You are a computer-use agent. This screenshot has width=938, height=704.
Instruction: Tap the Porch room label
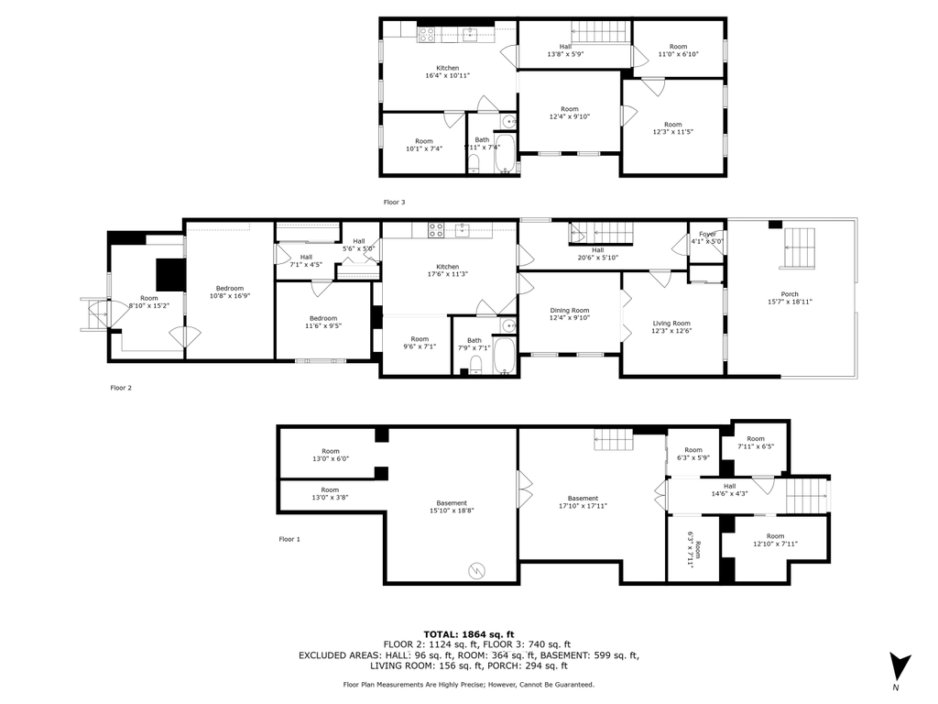click(x=790, y=298)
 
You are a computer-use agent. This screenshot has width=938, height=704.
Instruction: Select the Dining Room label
click(x=570, y=313)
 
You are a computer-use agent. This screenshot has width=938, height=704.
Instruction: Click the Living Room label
click(x=671, y=327)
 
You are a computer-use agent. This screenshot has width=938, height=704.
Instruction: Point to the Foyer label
click(x=707, y=237)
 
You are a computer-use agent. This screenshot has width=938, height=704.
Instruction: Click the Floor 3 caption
click(x=394, y=203)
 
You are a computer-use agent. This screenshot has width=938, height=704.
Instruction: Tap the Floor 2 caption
click(x=121, y=388)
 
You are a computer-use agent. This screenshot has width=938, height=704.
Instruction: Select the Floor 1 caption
click(x=289, y=539)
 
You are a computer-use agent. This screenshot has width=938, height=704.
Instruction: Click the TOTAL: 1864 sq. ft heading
click(x=469, y=634)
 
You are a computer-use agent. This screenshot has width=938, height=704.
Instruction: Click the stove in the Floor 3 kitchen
click(x=427, y=35)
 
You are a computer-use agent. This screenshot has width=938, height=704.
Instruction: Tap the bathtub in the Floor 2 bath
click(x=504, y=356)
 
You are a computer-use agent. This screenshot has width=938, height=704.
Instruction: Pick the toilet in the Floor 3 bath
click(x=473, y=163)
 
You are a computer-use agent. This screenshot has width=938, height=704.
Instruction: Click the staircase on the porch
click(x=799, y=247)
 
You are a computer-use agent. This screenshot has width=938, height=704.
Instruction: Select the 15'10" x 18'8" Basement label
click(x=452, y=507)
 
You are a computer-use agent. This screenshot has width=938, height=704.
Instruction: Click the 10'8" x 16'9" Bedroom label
click(x=230, y=291)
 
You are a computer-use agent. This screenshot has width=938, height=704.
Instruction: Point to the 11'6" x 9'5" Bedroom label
click(x=323, y=322)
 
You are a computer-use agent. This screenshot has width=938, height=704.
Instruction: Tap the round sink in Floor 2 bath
click(x=508, y=325)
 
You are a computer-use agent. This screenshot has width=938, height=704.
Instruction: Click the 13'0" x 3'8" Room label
click(x=330, y=493)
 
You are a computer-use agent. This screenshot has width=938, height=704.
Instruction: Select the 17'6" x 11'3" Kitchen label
click(x=447, y=270)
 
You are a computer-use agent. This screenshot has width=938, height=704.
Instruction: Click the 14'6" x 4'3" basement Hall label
click(x=730, y=489)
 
